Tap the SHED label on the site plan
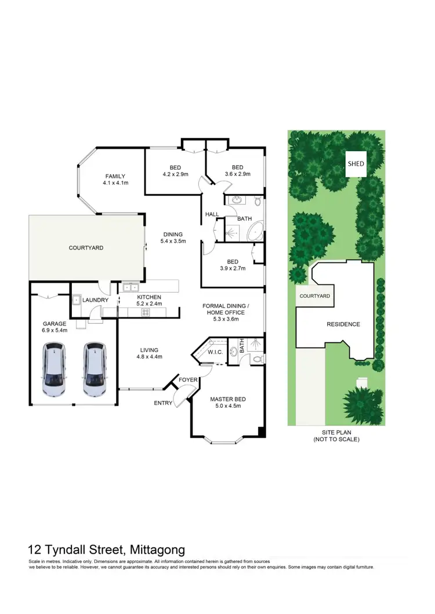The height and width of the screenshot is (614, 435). (x=356, y=164)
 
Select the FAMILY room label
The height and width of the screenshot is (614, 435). (x=115, y=176)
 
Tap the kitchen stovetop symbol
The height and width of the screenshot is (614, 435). (x=145, y=312)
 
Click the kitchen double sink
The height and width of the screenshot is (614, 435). (x=130, y=287)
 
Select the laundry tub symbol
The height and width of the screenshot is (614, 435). (x=76, y=299)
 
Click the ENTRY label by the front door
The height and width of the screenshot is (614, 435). (x=163, y=403)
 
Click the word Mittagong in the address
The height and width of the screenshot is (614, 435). (x=157, y=550)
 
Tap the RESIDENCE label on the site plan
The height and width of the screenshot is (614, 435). (x=343, y=324)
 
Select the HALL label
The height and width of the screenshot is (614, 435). (x=212, y=214)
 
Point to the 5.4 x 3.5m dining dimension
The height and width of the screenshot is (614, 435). (x=172, y=241)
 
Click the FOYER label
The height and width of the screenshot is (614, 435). (x=187, y=380)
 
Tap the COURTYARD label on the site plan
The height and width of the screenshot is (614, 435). (x=314, y=296)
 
